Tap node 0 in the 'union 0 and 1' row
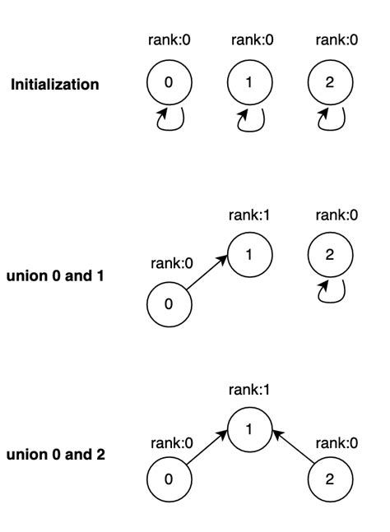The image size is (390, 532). (x=169, y=303)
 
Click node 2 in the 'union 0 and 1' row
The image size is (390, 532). (x=329, y=254)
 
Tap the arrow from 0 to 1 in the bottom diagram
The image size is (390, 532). (x=207, y=454)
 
